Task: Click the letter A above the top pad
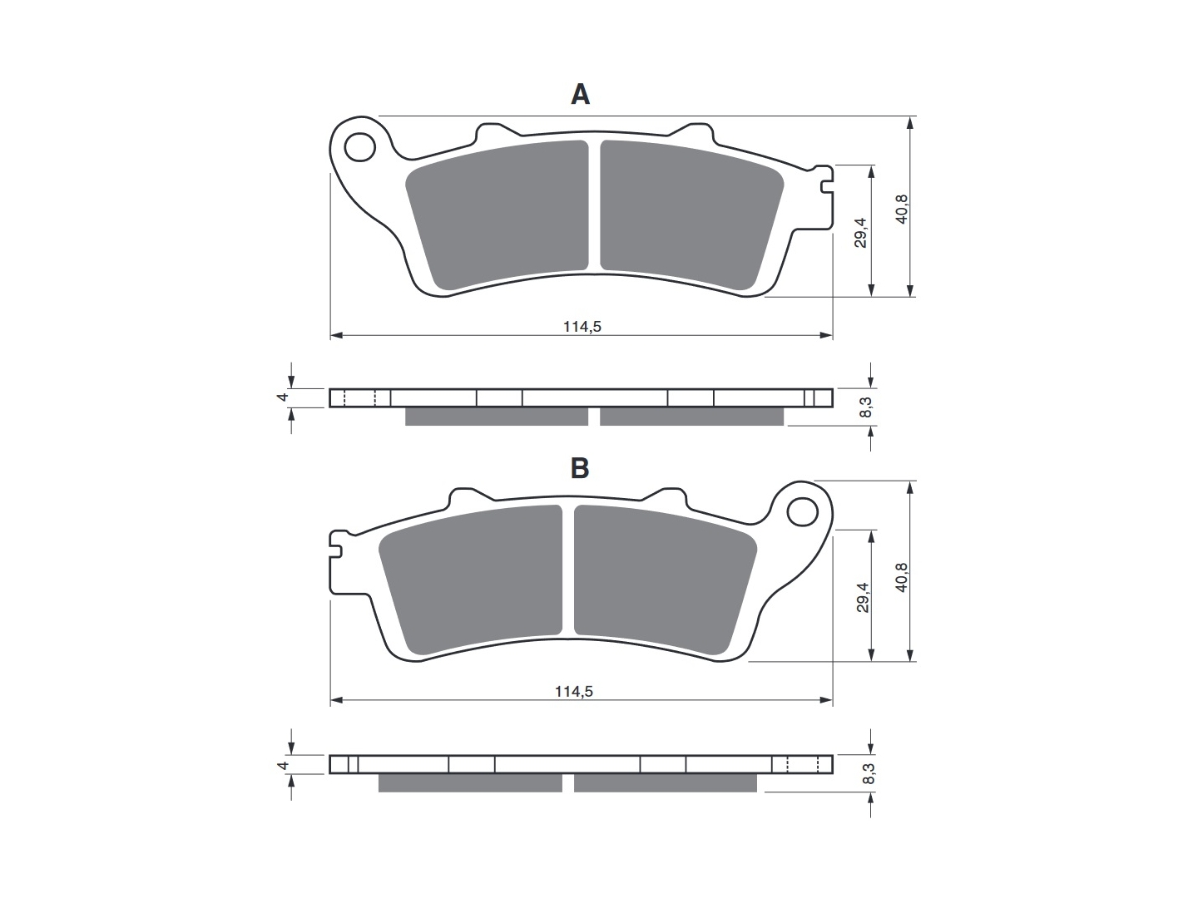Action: [x=580, y=94]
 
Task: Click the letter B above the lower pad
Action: [x=580, y=468]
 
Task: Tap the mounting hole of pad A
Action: [x=360, y=146]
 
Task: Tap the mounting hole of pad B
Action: [x=802, y=511]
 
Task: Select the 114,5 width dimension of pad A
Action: [x=582, y=327]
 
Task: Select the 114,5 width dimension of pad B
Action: [x=574, y=691]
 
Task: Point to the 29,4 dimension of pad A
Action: [x=861, y=232]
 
